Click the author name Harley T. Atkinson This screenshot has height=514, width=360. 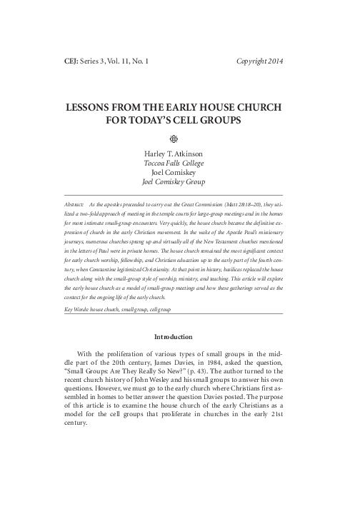180,152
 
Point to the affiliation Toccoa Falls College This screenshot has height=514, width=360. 180,162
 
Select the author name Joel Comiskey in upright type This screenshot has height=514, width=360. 180,171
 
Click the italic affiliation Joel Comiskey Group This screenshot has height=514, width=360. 180,181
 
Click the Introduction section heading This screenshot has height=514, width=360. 180,336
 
